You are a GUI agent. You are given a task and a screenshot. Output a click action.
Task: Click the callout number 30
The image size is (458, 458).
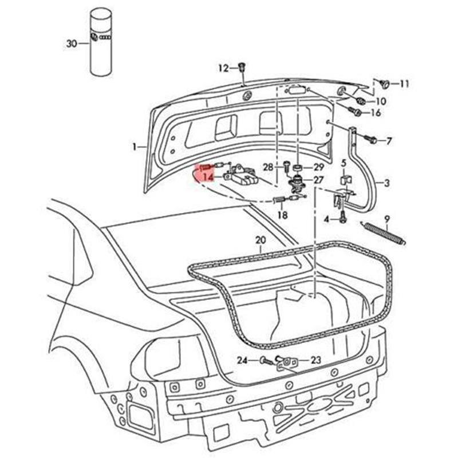[71, 44]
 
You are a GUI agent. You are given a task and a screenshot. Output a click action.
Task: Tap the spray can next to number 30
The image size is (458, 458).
[101, 43]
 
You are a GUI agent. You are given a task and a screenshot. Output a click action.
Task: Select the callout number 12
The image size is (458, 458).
[222, 68]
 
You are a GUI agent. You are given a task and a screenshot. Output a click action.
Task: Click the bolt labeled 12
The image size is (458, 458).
[242, 68]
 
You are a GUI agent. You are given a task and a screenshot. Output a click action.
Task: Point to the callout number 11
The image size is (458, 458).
[404, 84]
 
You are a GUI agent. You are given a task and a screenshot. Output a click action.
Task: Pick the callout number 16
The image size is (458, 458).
[376, 113]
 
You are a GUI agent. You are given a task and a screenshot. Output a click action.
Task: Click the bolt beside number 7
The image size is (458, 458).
[370, 140]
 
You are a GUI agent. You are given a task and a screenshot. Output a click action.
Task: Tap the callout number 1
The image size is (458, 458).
[135, 147]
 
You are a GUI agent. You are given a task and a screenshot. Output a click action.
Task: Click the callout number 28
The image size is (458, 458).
[269, 167]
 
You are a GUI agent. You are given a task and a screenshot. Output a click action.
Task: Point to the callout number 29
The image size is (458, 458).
[318, 167]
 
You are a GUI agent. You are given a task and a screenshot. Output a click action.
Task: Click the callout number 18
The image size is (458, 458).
[282, 215]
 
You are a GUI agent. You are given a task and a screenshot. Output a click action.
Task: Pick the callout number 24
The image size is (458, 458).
[242, 361]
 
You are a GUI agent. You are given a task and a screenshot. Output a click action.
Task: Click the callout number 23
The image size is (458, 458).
[316, 360]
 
